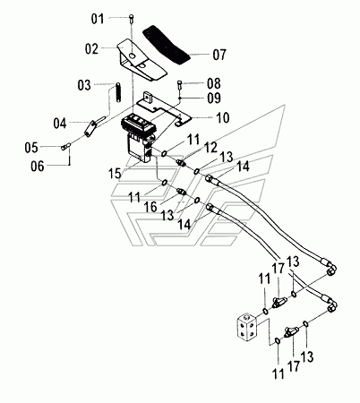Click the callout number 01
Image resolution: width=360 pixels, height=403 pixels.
(x=98, y=19)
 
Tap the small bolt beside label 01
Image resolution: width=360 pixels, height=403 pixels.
(x=132, y=19)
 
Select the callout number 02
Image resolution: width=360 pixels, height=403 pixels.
(x=91, y=49)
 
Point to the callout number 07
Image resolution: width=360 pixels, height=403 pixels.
(x=219, y=55)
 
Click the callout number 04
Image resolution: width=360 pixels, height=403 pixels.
(x=60, y=123)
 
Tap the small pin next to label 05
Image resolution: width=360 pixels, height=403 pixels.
(x=65, y=147)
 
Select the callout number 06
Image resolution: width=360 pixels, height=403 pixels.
(x=38, y=166)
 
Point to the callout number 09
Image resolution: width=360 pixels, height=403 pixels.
(x=214, y=98)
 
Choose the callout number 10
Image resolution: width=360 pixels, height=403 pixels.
(x=222, y=117)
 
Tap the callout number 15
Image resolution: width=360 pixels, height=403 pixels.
(x=115, y=174)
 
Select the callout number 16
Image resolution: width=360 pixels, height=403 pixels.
(x=150, y=207)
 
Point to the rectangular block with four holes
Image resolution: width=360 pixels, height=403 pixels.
(x=247, y=329)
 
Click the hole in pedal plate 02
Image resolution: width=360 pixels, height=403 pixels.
(x=133, y=56)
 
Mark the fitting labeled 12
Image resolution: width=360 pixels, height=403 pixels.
(x=182, y=163)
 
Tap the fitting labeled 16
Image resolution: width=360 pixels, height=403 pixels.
(x=182, y=192)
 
